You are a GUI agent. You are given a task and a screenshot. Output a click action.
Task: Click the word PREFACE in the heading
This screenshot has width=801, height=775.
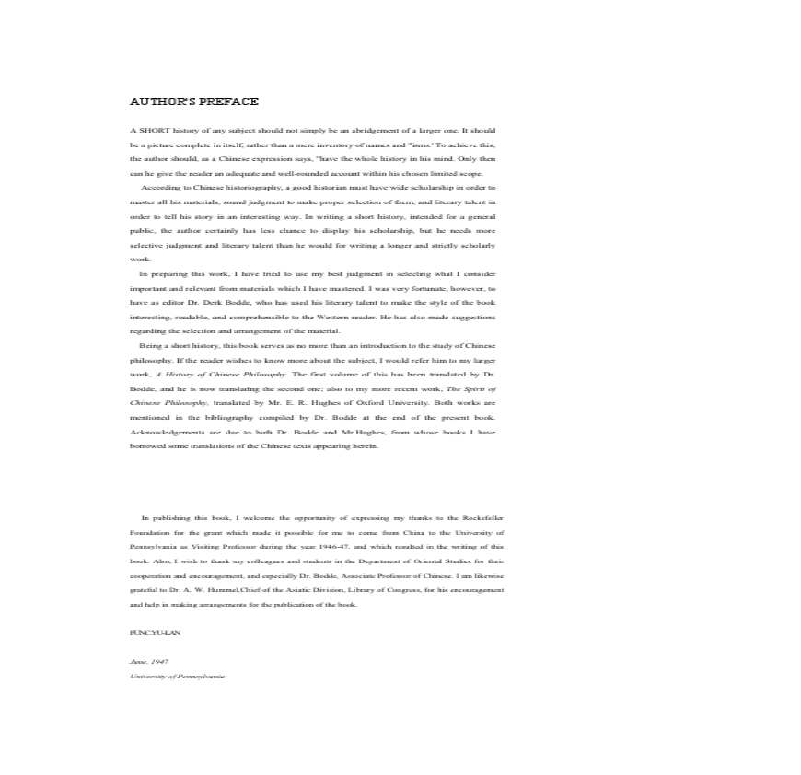[x=233, y=102]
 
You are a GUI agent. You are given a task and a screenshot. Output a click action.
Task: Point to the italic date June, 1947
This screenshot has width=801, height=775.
[x=149, y=662]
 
